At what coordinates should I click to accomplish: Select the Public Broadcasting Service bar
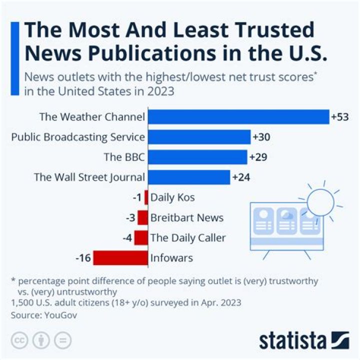pyautogui.click(x=199, y=137)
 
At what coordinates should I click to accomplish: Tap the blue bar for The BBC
pyautogui.click(x=197, y=157)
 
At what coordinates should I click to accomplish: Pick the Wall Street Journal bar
pyautogui.click(x=189, y=177)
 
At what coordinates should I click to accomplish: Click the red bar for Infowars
pyautogui.click(x=120, y=258)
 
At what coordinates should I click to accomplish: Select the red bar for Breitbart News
pyautogui.click(x=143, y=218)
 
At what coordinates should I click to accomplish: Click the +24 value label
pyautogui.click(x=240, y=177)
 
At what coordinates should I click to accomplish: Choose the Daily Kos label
pyautogui.click(x=172, y=197)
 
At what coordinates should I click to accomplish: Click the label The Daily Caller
pyautogui.click(x=188, y=238)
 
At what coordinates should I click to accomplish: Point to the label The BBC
pyautogui.click(x=124, y=157)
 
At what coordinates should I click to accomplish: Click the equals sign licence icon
pyautogui.click(x=62, y=340)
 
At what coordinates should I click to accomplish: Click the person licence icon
pyautogui.click(x=40, y=340)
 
